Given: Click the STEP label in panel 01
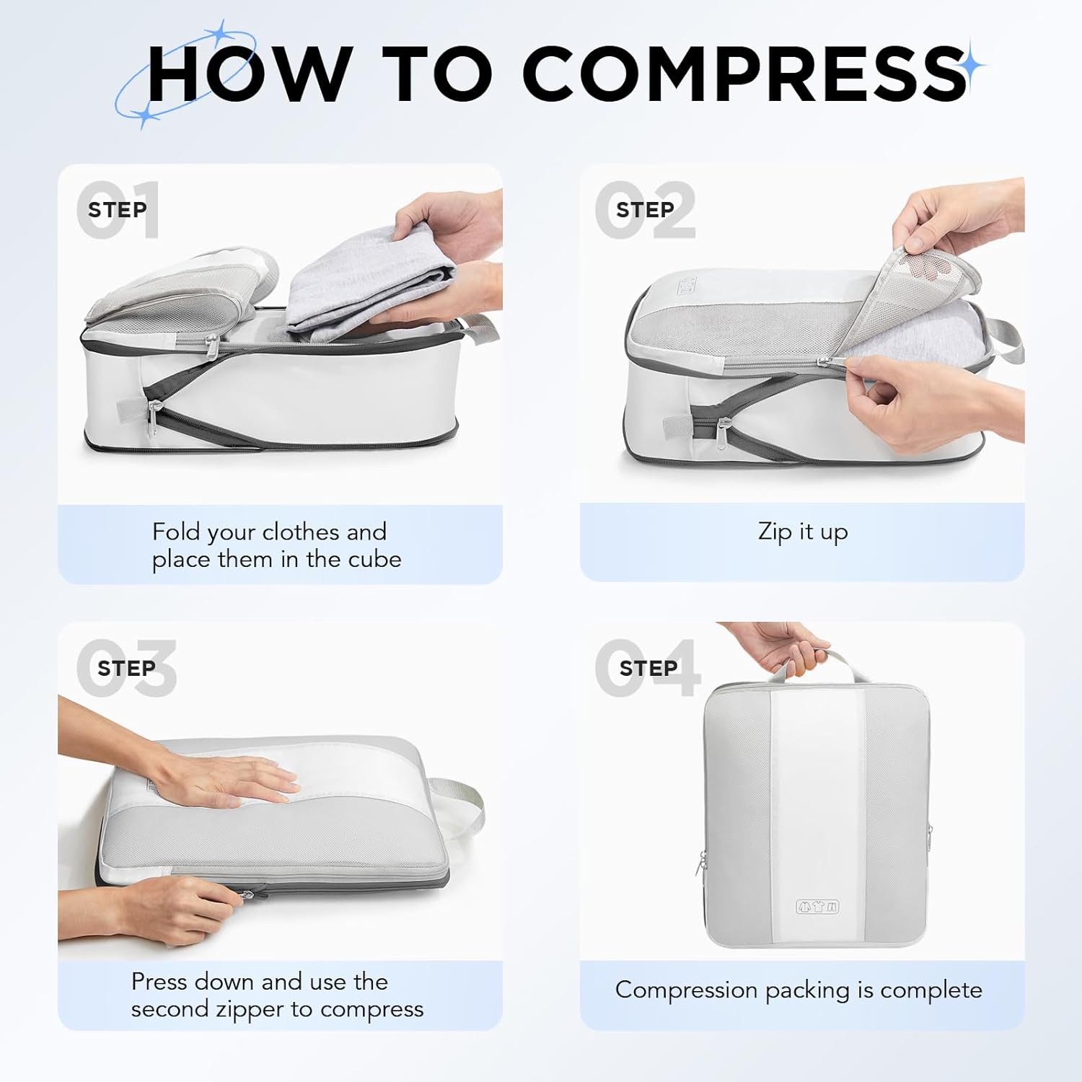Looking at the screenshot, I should tap(117, 210).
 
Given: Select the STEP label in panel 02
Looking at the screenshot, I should tap(645, 210).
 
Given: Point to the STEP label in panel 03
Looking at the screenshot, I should tap(126, 669).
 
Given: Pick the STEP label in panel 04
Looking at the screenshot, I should tap(648, 669).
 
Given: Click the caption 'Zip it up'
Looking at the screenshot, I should tap(802, 532).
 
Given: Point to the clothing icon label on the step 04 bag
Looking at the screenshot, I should tap(817, 907).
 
